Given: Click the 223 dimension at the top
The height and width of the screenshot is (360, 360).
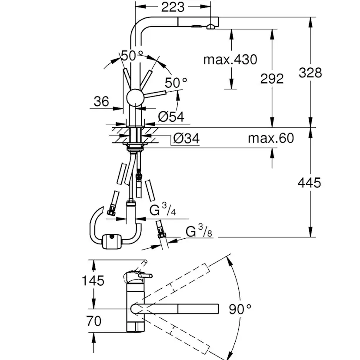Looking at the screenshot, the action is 173,7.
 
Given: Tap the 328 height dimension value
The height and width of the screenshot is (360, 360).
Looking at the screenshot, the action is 310,73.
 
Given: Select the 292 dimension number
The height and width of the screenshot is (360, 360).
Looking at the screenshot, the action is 272,79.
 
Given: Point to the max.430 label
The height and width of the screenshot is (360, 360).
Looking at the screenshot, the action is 230,60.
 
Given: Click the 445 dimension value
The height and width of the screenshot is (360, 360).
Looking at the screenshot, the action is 309,183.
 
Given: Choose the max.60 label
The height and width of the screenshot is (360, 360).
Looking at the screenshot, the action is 271,138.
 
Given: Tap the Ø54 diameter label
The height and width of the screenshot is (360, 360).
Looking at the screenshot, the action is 171,117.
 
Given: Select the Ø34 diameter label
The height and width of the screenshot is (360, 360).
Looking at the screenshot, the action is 187,138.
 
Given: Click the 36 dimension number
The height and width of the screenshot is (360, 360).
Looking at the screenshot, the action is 101,101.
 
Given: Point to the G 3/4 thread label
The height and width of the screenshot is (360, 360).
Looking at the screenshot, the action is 163,209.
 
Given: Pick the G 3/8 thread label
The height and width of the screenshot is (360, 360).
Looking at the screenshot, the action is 199,231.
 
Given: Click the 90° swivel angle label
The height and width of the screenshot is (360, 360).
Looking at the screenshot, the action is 240,309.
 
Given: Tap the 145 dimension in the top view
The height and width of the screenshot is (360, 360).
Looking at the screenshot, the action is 93,280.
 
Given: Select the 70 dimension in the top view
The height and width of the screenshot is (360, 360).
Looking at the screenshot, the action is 94,321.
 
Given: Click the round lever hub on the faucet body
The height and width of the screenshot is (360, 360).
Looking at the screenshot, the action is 136,97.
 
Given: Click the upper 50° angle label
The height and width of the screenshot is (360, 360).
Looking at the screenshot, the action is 132,56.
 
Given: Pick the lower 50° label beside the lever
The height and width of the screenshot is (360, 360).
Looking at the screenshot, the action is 176,83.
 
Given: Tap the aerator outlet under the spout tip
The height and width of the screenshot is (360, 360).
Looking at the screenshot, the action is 211,27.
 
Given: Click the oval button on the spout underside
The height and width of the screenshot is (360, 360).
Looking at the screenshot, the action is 197,27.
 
